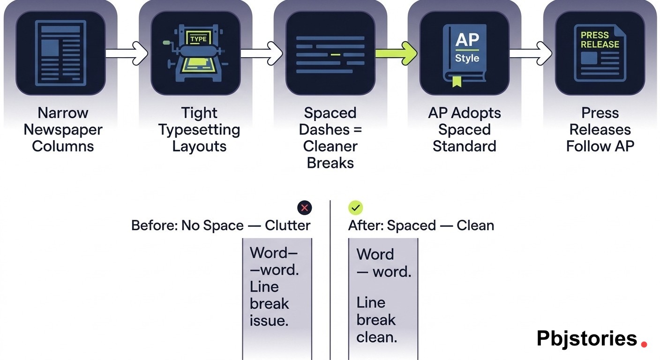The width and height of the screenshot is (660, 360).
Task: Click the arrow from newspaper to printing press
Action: click(127, 53)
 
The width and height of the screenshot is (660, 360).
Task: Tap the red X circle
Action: click(305, 208)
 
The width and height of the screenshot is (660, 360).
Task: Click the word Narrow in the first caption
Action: click(63, 113)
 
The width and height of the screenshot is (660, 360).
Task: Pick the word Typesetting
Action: click(199, 130)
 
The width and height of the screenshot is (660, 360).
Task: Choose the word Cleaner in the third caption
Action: click(330, 146)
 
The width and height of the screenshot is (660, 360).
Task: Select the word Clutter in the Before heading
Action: click(287, 225)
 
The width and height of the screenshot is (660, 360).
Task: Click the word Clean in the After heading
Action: click(475, 225)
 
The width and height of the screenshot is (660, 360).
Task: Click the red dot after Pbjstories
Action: click(644, 344)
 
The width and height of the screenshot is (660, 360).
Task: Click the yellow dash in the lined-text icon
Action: click(335, 54)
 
